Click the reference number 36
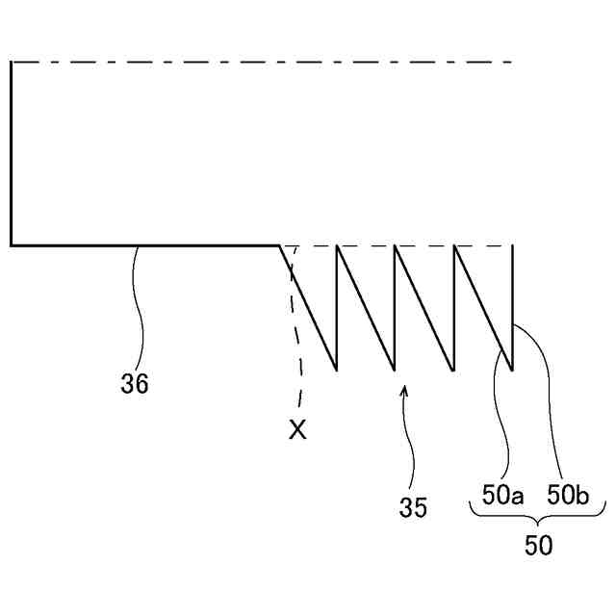[x=135, y=383]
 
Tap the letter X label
[x=298, y=430]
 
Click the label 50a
[x=502, y=496]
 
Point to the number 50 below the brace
[x=538, y=546]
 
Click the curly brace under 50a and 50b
[x=538, y=521]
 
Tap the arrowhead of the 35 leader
[x=404, y=390]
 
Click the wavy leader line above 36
[x=141, y=308]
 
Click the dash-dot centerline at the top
[x=260, y=62]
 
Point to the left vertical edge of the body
[x=12, y=154]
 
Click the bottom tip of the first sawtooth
[x=336, y=369]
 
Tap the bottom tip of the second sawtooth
[x=395, y=369]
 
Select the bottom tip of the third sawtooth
[x=453, y=369]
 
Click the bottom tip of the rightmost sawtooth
[x=512, y=369]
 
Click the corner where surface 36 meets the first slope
[x=279, y=245]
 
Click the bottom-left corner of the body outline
[x=12, y=245]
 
